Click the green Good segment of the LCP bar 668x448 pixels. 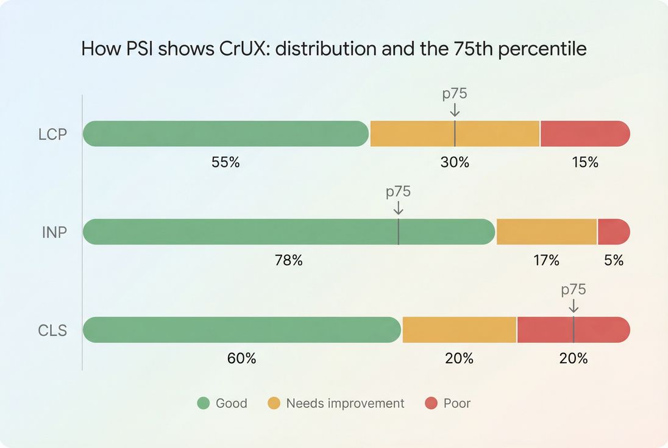(x=226, y=133)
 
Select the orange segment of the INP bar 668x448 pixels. (x=546, y=232)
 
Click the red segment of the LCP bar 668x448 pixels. (x=584, y=133)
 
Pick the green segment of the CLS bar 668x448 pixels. (x=241, y=330)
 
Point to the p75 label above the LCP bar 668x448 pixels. (x=455, y=94)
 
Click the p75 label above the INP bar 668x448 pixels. (x=398, y=191)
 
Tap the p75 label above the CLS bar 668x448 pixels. (x=574, y=290)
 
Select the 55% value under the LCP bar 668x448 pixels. (x=226, y=163)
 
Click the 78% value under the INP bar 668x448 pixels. (x=288, y=261)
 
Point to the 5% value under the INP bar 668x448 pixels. (x=614, y=261)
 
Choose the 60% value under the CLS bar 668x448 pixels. (x=241, y=358)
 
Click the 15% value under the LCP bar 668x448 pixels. (x=584, y=163)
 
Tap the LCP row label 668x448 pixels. (x=52, y=134)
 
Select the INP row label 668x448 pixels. (x=54, y=232)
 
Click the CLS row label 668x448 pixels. (x=52, y=330)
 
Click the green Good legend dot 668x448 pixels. (x=204, y=404)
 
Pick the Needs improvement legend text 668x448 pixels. (x=345, y=404)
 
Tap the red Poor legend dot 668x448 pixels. (x=431, y=404)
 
